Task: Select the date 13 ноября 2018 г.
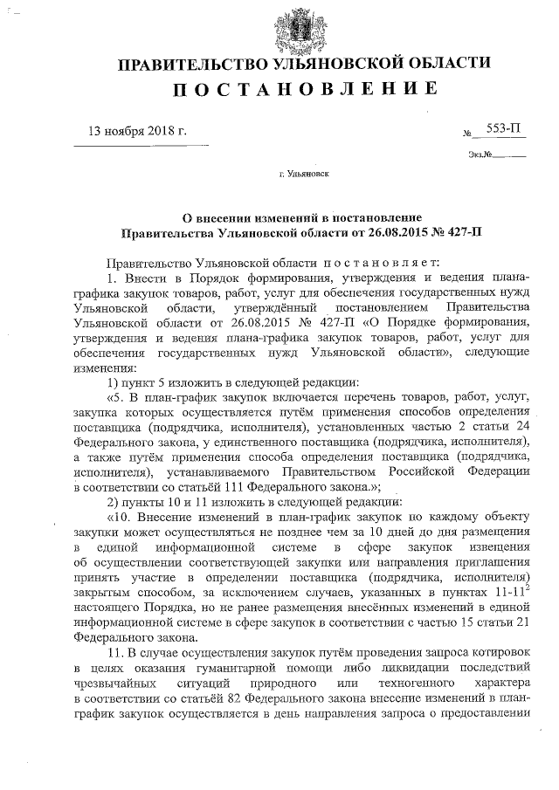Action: coord(138,132)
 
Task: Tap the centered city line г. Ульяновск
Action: coord(303,174)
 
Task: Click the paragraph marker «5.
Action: coord(115,397)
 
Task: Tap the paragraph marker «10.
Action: coord(118,518)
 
